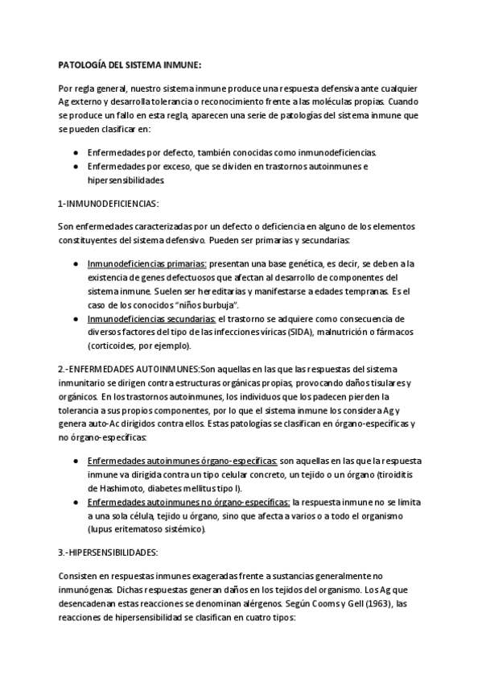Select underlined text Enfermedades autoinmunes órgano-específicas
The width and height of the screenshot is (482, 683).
[x=183, y=460]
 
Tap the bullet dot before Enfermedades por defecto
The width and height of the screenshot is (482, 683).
[x=75, y=152]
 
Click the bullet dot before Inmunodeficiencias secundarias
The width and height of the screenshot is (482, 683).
[x=75, y=319]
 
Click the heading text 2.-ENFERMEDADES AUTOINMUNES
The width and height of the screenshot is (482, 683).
[x=128, y=368]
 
